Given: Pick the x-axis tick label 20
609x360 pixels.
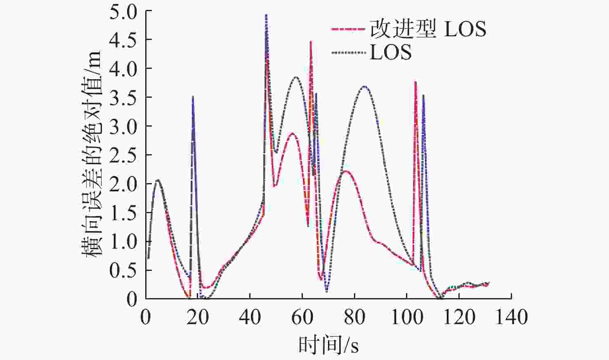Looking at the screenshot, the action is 198,317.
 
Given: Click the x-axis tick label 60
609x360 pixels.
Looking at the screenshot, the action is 302,317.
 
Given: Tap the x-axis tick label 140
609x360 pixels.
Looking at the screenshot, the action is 511,317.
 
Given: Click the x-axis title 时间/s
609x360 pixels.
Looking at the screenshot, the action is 328,345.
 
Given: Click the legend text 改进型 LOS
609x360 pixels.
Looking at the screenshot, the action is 428,28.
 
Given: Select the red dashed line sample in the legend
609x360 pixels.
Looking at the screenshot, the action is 348,28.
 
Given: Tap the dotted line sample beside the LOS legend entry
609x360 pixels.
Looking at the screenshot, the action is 348,52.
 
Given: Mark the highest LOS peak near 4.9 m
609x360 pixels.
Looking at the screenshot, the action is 267,15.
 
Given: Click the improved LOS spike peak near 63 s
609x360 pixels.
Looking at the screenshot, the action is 311,42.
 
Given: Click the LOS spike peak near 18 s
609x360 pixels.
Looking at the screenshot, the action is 193,96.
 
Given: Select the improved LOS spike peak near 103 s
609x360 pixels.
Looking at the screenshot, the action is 415,82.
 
